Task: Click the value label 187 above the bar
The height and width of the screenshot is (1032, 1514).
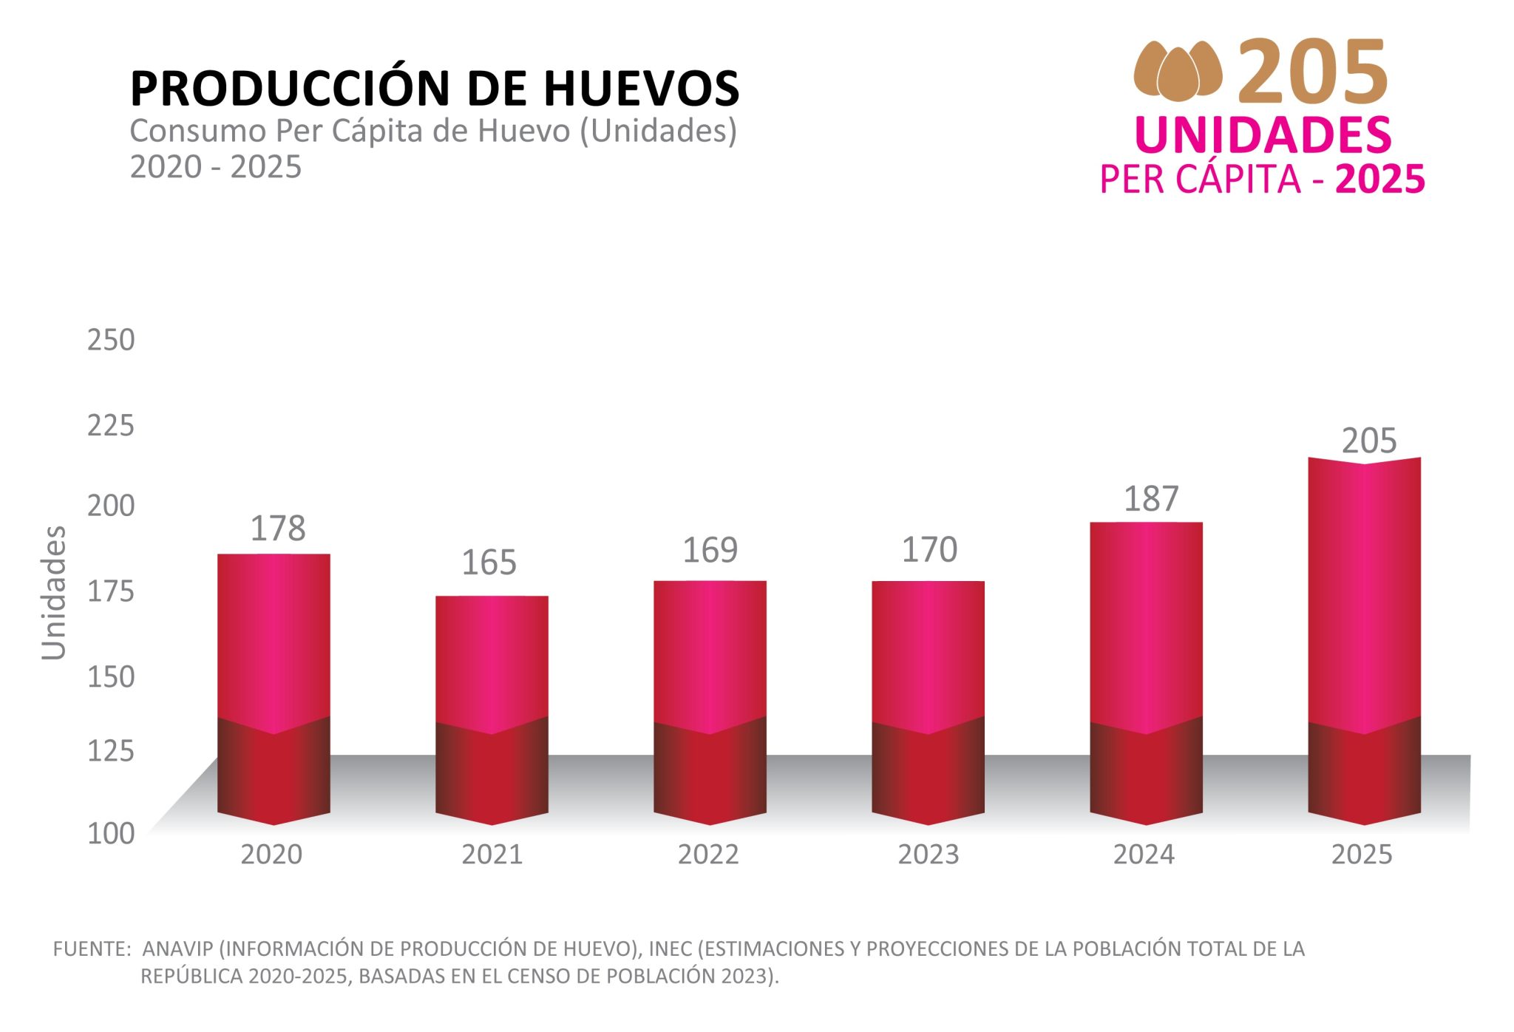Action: [x=1151, y=499]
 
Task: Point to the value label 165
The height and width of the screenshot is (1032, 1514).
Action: [x=489, y=563]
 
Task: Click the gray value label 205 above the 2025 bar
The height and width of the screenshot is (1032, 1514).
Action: [x=1369, y=441]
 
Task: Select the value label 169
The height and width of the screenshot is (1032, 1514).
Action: [x=710, y=550]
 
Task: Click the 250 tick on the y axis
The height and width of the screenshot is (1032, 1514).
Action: [x=111, y=340]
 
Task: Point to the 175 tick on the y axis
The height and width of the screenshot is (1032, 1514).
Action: [x=111, y=591]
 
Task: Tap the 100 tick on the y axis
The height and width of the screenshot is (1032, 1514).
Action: [x=111, y=833]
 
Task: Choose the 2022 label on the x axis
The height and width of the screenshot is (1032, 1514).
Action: [x=708, y=855]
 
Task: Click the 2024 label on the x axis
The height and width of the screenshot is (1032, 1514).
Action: [x=1144, y=855]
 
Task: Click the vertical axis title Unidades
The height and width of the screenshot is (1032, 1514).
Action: [x=54, y=593]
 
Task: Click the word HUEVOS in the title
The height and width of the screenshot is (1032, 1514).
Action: [x=642, y=88]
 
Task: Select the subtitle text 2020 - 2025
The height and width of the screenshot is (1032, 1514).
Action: [x=216, y=167]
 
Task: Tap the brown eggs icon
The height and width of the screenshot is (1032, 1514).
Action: [x=1178, y=71]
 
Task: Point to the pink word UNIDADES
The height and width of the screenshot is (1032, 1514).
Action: [x=1263, y=135]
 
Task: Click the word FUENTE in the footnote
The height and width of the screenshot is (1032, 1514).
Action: [x=91, y=948]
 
